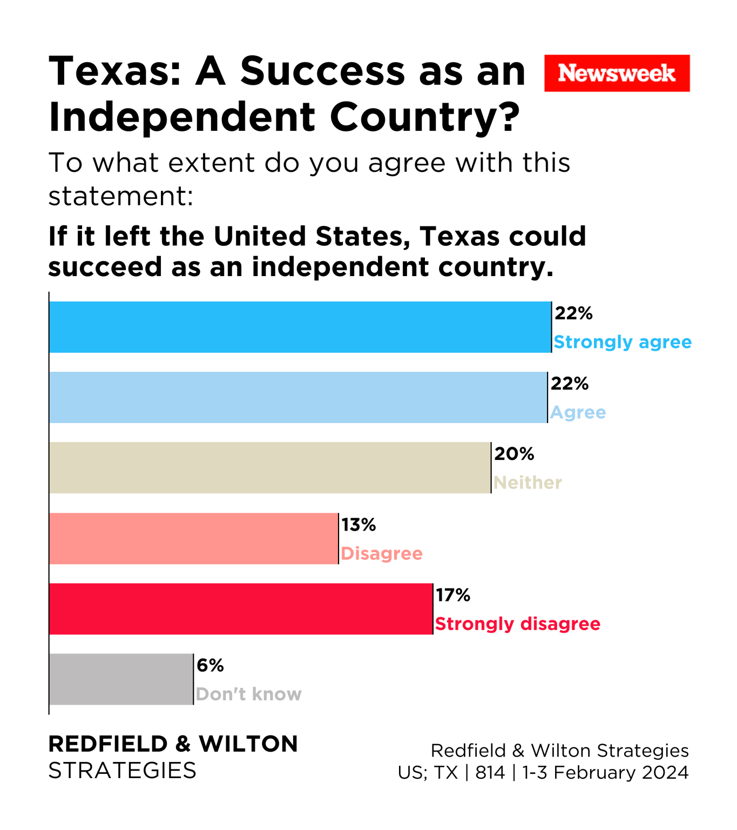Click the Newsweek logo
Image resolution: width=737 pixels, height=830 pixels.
(617, 73)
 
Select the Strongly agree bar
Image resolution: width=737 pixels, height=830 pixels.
(300, 327)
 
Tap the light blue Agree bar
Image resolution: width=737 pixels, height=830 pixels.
(297, 397)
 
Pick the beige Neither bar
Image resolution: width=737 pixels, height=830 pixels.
(269, 467)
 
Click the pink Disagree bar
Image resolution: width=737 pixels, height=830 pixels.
(193, 538)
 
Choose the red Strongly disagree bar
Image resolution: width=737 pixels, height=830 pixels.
(240, 608)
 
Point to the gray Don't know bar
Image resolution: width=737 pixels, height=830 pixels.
(121, 679)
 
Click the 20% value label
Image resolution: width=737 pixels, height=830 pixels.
(514, 454)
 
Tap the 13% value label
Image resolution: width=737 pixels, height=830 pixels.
(359, 525)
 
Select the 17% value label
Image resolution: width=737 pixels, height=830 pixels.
(453, 595)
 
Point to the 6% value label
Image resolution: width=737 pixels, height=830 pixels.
(210, 665)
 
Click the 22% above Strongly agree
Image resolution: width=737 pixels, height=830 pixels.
(573, 313)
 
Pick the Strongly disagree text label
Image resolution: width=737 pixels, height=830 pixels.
(517, 624)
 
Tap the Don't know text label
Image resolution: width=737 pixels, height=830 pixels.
(248, 694)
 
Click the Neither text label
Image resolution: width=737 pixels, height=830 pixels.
(528, 483)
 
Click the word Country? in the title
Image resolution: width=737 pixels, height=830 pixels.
(425, 117)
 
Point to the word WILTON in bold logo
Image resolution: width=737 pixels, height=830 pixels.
(248, 744)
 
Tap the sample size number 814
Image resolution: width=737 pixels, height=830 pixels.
(490, 773)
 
